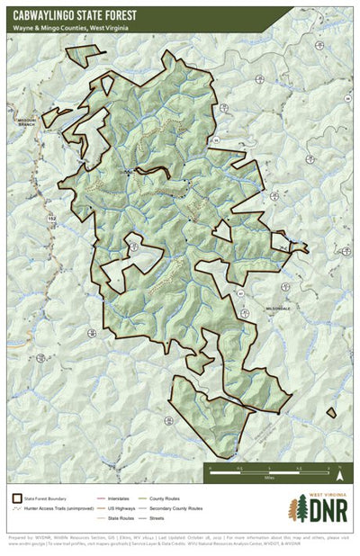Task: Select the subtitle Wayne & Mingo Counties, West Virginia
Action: [69, 28]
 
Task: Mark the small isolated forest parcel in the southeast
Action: [332, 414]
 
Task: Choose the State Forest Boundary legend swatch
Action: [17, 498]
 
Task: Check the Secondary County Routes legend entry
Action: [180, 509]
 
